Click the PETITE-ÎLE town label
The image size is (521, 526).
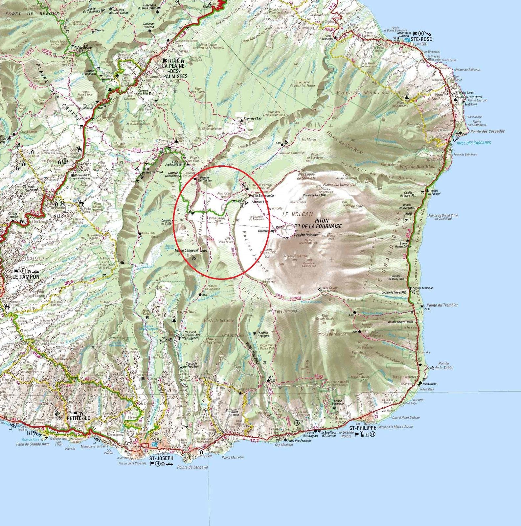coord(78,418)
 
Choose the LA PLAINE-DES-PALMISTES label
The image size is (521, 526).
coord(174,71)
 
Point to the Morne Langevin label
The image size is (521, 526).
coord(186,251)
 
